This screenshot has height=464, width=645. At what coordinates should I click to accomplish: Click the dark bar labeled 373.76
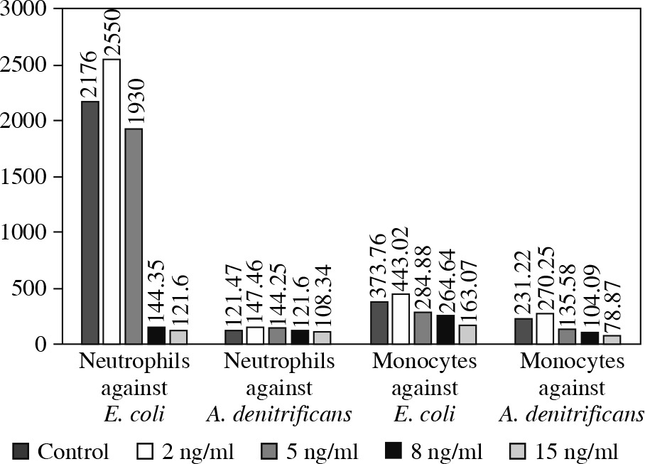(379, 323)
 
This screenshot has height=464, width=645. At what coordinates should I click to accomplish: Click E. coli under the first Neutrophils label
(136, 414)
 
